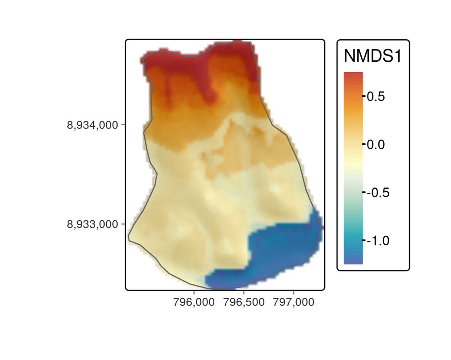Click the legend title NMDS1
point(372,57)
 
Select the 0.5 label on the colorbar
point(375,96)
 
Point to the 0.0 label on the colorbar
point(375,145)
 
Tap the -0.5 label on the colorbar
point(377,192)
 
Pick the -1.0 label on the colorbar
point(377,241)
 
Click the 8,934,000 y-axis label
point(93,125)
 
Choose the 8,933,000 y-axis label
point(93,224)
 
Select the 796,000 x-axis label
point(193,303)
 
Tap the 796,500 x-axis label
point(244,303)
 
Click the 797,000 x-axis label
point(293,303)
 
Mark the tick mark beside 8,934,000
point(123,125)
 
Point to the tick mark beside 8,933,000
point(123,224)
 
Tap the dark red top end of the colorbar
point(353,75)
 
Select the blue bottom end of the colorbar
point(353,260)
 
